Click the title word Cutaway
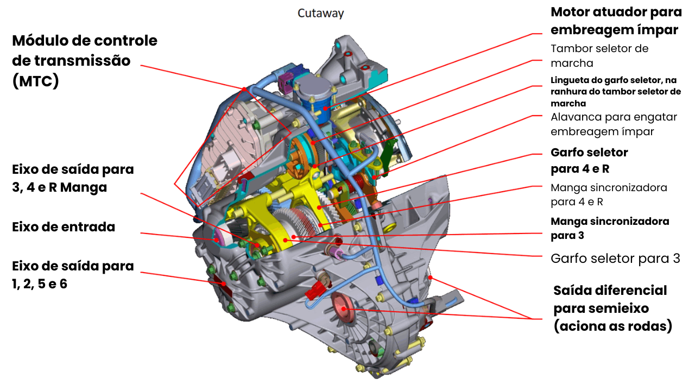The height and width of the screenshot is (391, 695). click(320, 14)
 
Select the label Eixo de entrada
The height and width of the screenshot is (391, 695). click(64, 227)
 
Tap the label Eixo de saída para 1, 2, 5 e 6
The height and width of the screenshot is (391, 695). click(72, 275)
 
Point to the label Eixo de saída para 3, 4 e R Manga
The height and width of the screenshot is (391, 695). click(72, 179)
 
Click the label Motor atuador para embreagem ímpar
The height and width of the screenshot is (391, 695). click(616, 21)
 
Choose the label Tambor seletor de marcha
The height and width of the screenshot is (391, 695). click(599, 55)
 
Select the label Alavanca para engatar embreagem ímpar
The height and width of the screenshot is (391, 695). click(614, 124)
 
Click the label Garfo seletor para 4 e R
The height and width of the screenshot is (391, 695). click(589, 161)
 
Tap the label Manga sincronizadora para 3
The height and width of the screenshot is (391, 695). click(609, 228)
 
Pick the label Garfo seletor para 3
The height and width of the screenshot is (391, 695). click(615, 258)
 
